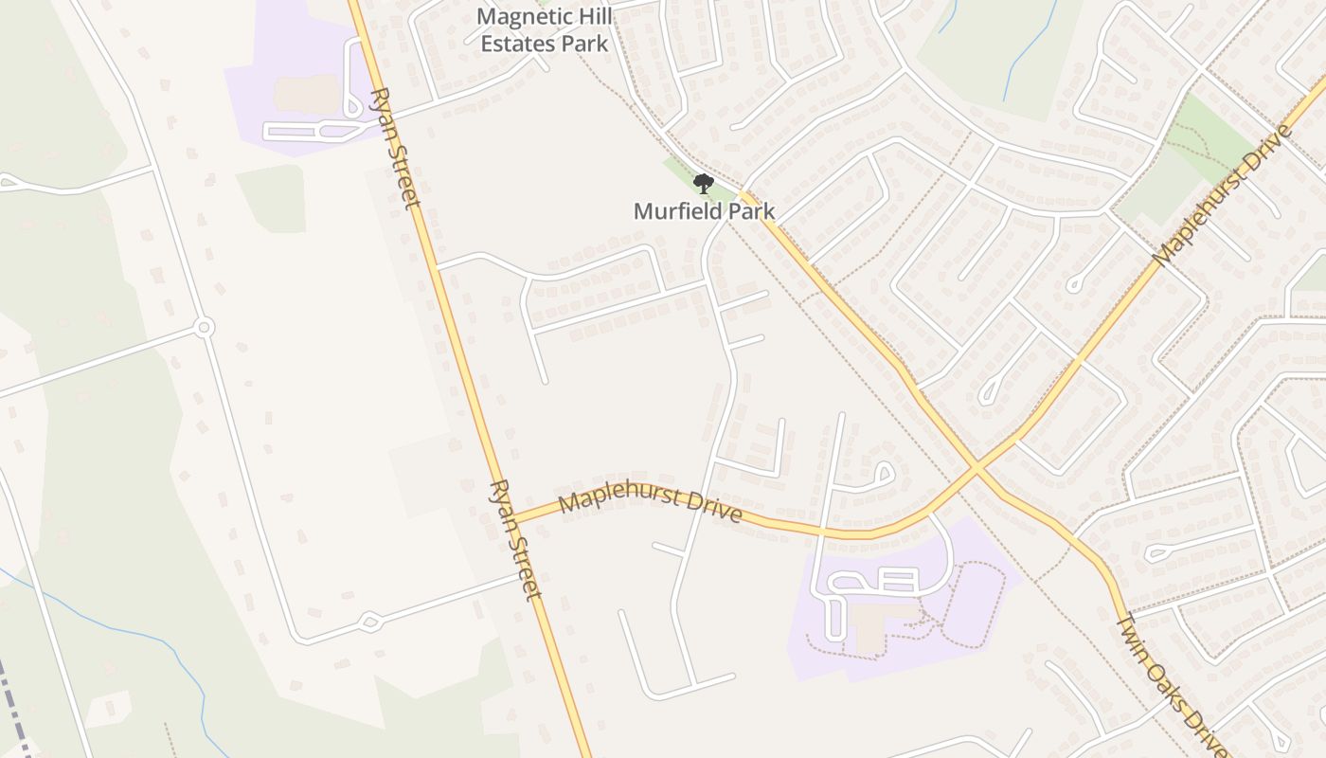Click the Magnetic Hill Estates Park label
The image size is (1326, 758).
coord(544,29)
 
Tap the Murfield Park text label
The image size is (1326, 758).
coord(704,210)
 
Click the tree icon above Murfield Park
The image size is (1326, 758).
coord(703,183)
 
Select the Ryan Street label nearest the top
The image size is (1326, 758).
coord(395,148)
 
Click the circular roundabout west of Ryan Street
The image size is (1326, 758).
coord(203,328)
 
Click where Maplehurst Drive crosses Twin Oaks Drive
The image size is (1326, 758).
coord(977,468)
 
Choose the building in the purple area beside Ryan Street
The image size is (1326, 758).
coord(307,93)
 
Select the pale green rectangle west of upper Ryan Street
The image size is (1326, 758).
coord(272,199)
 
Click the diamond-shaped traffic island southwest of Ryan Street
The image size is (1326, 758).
coord(369,622)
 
